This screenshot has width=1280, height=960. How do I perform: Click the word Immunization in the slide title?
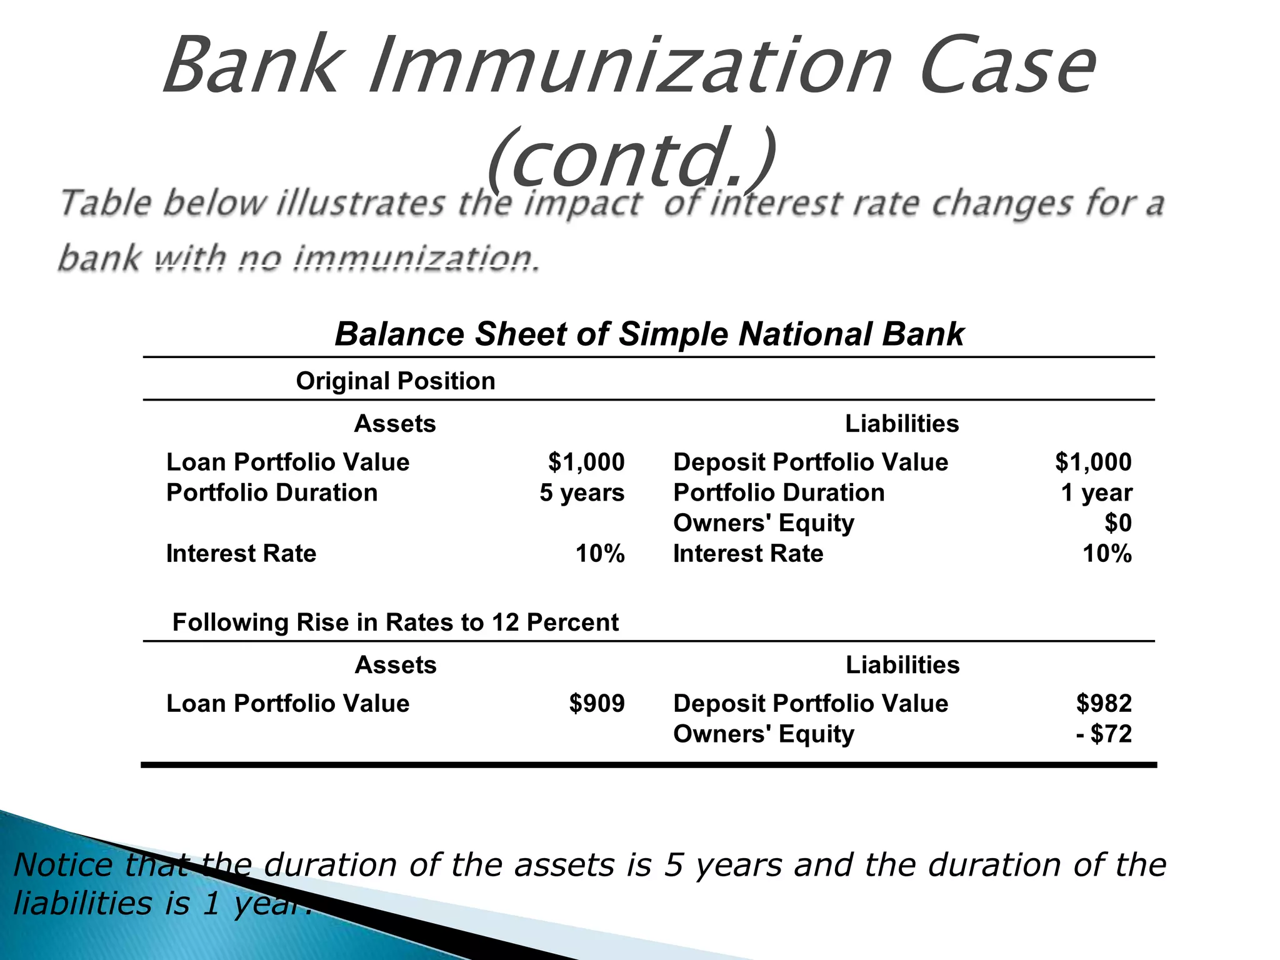[630, 66]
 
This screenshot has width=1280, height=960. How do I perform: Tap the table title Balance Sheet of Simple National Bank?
[649, 334]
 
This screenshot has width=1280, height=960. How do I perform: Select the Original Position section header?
[395, 381]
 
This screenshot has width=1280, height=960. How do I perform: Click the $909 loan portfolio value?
[596, 703]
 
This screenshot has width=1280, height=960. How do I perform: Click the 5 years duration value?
[581, 492]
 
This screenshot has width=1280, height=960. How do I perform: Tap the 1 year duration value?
[1096, 492]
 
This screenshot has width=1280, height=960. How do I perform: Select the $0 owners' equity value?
[1117, 522]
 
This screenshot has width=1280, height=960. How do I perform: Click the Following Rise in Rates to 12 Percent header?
[395, 622]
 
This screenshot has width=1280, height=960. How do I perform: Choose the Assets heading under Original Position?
[395, 424]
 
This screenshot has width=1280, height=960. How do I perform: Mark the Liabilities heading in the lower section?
[902, 664]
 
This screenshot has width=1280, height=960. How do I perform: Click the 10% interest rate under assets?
[599, 553]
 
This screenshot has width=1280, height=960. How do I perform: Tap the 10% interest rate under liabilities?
[1106, 553]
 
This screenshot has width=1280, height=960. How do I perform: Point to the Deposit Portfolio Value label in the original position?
[810, 462]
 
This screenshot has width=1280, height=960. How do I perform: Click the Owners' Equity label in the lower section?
[763, 734]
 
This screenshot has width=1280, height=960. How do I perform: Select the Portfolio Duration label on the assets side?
[272, 492]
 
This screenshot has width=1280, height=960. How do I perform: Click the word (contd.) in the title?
[631, 159]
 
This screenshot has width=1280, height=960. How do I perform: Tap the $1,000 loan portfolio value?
[586, 462]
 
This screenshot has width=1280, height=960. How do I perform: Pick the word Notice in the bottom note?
[62, 865]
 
